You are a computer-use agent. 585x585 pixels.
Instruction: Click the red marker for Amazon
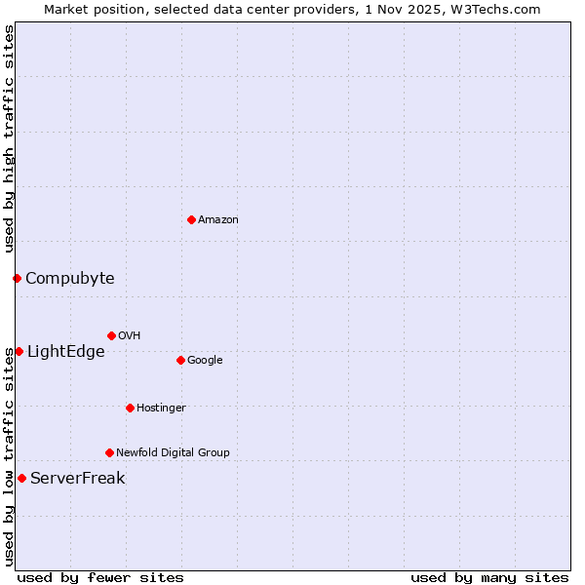(191, 219)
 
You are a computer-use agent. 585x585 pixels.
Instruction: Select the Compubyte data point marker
(17, 278)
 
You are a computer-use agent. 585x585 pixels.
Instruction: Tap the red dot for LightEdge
(19, 351)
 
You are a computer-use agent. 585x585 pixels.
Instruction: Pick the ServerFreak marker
(21, 478)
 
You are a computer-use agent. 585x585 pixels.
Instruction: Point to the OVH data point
(111, 335)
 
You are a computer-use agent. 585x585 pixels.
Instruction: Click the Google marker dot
(180, 360)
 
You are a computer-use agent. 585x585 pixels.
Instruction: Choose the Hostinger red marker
(130, 408)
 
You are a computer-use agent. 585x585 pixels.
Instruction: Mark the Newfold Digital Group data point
(109, 452)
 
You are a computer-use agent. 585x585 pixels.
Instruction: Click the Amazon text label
(218, 220)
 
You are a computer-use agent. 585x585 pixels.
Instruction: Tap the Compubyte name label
(69, 279)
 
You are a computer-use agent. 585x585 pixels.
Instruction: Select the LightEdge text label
(65, 352)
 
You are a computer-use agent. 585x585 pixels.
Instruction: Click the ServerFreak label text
(78, 479)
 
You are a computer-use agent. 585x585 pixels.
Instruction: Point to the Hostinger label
(161, 409)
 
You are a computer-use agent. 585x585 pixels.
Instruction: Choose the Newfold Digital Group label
(173, 453)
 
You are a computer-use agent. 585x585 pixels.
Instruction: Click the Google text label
(205, 361)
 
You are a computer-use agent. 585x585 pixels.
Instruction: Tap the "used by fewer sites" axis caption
(100, 577)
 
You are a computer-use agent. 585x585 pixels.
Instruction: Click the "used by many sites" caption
(489, 577)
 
